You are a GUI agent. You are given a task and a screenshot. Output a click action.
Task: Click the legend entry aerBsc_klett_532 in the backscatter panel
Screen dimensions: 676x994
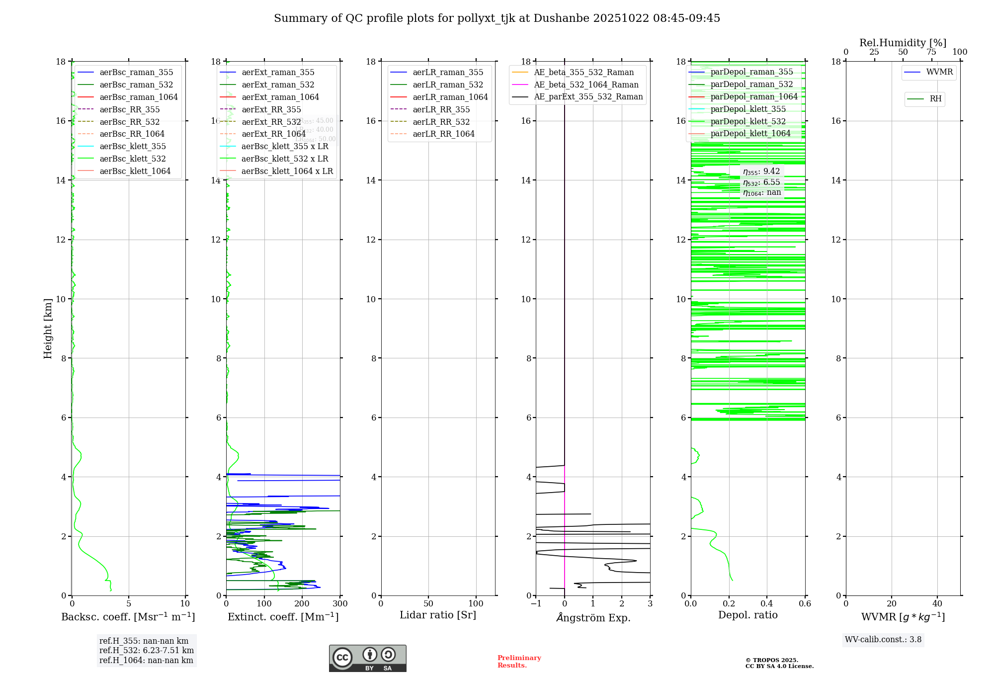click(132, 159)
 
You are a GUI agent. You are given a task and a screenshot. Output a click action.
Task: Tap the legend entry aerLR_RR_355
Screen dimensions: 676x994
click(441, 110)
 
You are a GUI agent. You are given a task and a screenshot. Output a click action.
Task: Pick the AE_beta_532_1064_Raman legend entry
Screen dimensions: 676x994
click(586, 85)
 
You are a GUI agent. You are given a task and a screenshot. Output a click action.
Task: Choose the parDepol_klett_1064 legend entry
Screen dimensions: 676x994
click(750, 134)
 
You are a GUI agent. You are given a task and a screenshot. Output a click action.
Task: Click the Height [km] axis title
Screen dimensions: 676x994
click(48, 329)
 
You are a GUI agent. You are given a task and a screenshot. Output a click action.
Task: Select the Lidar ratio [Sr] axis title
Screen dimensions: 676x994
click(438, 615)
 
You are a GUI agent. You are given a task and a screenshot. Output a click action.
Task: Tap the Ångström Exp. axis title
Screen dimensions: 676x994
click(593, 618)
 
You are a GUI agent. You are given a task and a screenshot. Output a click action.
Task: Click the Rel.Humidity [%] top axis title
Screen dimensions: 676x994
click(903, 43)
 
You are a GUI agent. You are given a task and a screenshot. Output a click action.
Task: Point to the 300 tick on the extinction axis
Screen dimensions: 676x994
click(340, 604)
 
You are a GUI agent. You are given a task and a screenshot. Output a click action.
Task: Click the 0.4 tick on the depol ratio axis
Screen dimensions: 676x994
click(767, 604)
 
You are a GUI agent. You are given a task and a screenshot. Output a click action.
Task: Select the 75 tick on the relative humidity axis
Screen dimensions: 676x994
click(931, 52)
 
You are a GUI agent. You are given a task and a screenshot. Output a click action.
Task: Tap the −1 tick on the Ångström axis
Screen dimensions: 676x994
click(536, 604)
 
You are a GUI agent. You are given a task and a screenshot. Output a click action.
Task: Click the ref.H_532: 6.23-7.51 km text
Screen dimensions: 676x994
click(146, 651)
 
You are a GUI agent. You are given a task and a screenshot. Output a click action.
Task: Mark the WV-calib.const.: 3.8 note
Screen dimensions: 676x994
click(883, 640)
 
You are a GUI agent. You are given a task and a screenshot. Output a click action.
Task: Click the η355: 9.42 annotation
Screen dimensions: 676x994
click(761, 172)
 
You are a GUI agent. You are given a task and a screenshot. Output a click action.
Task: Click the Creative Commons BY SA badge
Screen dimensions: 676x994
click(367, 659)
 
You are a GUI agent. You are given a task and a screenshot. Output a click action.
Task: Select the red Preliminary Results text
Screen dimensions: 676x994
click(519, 662)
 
